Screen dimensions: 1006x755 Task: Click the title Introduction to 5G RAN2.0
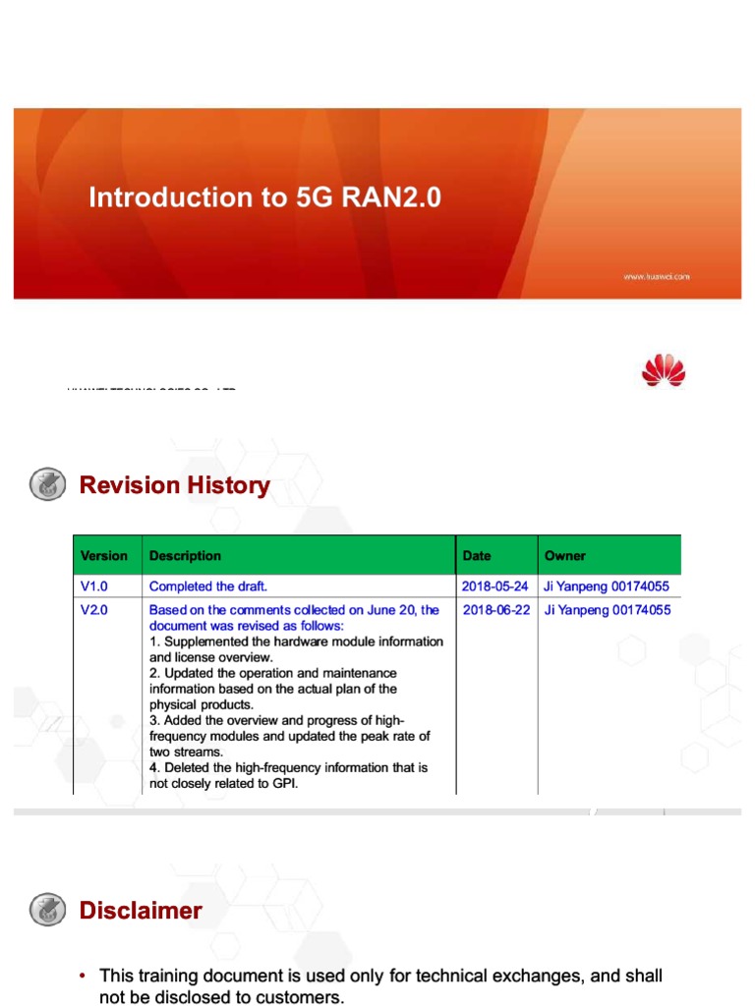click(265, 197)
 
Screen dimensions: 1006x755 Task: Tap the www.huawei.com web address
click(656, 277)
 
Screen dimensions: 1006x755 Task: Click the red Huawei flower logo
click(663, 371)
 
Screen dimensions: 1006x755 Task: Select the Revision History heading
click(174, 485)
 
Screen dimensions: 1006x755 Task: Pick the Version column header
click(104, 556)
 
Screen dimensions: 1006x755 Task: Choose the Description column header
click(185, 556)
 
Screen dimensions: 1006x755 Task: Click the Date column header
click(477, 556)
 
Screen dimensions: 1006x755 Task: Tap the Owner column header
click(564, 556)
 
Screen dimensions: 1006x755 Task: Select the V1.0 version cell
click(96, 587)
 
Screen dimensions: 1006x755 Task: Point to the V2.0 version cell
click(96, 610)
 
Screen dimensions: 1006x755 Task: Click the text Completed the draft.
click(208, 587)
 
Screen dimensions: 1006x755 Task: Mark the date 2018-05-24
click(494, 587)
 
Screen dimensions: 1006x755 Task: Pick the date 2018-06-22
click(494, 610)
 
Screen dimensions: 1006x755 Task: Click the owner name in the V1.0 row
click(607, 587)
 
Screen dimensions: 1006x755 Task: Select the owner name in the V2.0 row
click(607, 610)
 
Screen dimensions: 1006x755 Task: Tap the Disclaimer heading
click(141, 911)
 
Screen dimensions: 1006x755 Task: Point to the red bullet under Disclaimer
click(84, 977)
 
